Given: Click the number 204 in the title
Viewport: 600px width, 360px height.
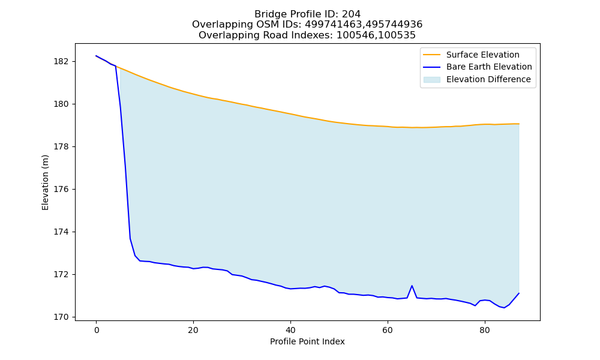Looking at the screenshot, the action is click(351, 14).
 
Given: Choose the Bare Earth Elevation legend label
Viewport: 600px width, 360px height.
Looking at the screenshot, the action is click(489, 67).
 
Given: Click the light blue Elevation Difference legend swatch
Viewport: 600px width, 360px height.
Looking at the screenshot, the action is click(431, 79).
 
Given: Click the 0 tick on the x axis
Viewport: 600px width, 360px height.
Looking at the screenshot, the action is click(97, 330).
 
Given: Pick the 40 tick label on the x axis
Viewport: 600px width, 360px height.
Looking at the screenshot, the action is click(290, 330).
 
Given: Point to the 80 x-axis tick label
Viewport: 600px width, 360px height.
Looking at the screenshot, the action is click(484, 330).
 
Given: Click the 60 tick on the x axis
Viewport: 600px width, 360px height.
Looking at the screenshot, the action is click(388, 330).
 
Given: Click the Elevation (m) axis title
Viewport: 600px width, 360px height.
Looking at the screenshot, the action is click(45, 182).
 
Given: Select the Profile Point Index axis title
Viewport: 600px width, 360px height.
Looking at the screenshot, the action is click(307, 341).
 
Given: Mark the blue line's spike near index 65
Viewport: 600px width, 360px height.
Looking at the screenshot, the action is click(412, 286).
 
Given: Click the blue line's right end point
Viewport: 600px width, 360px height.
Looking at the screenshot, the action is click(519, 293).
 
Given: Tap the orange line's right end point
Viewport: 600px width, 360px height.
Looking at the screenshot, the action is click(519, 124).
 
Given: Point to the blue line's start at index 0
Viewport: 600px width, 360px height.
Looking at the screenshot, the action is click(97, 56).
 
